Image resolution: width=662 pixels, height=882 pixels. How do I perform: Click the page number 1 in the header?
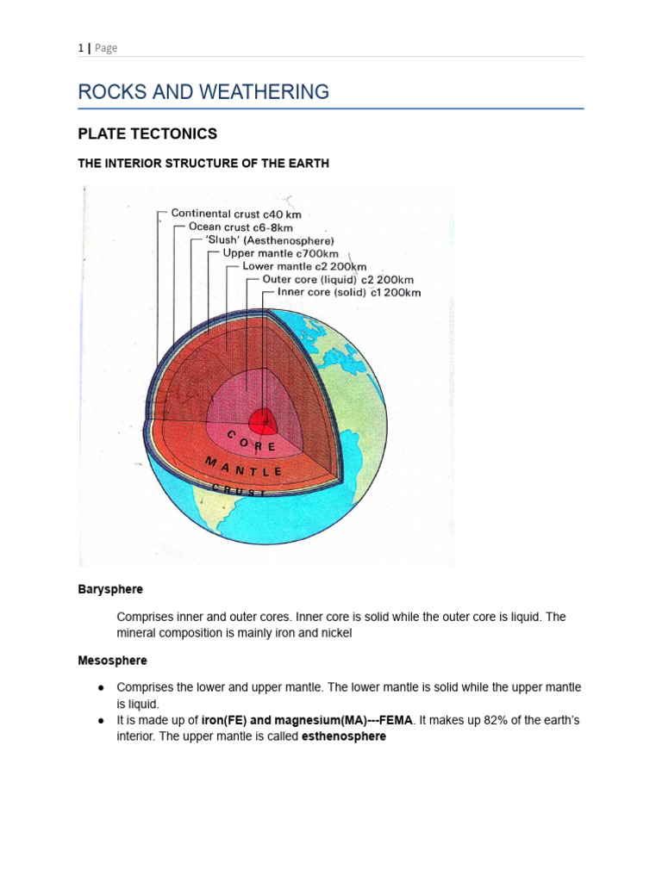tap(80, 48)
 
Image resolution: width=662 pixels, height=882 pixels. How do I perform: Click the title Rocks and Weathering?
tap(203, 91)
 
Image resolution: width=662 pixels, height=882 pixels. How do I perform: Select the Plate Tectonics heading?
tap(147, 134)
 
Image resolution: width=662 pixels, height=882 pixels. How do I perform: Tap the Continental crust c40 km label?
tap(235, 214)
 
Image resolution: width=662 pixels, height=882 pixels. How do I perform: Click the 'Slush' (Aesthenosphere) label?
tap(269, 240)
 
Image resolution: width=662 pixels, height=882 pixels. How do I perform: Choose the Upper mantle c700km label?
tap(280, 253)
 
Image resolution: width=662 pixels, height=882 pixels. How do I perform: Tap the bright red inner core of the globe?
tap(263, 421)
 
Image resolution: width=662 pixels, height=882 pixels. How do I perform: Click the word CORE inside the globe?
tap(252, 442)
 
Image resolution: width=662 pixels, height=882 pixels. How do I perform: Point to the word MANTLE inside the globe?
tap(244, 466)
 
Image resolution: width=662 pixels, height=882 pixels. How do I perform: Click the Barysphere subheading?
tap(110, 589)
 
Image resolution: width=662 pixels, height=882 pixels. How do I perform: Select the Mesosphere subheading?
tap(112, 661)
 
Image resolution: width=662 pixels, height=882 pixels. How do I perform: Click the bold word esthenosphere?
tap(343, 736)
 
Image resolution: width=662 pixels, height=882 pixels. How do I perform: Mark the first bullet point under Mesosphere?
tap(101, 687)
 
